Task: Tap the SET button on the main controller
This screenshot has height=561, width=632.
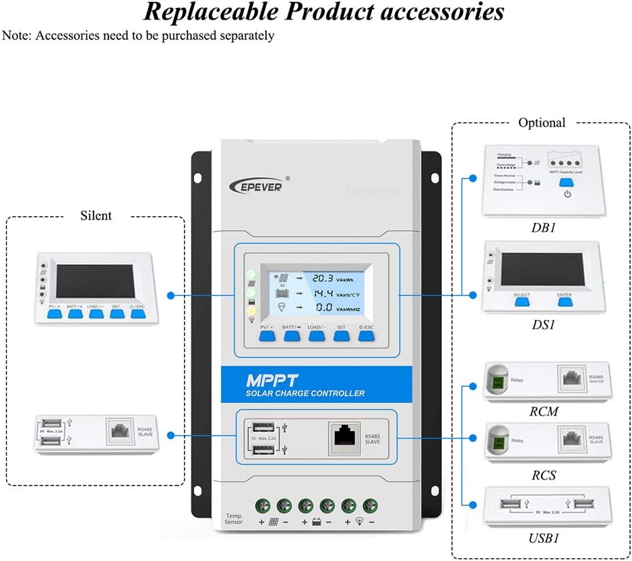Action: coord(341,335)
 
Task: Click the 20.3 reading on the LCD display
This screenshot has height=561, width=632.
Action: coord(323,277)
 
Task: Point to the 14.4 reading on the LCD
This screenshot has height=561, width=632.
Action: coord(323,293)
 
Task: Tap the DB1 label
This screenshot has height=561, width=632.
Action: coord(543,228)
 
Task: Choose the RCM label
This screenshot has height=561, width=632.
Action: coord(543,411)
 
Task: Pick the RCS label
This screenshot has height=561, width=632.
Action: coord(543,475)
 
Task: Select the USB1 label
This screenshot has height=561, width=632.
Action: coord(543,538)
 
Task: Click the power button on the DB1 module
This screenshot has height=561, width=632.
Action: coord(567,193)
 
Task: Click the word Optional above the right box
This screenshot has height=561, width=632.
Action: coord(542,123)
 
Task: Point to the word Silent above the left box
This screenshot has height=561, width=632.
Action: coord(96,216)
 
